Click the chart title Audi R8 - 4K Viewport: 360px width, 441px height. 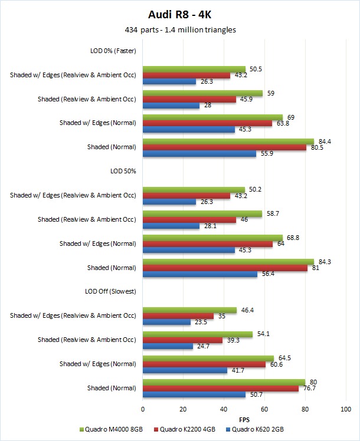point(179,14)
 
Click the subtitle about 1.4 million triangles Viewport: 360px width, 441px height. point(179,29)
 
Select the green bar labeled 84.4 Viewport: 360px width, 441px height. point(228,141)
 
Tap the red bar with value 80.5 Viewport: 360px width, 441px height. point(224,147)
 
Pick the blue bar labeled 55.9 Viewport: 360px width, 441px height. point(199,153)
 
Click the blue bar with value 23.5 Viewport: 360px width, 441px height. point(166,322)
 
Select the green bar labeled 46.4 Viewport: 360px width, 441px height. point(189,310)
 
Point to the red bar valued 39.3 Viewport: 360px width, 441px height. point(182,340)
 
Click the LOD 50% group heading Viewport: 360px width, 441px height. point(123,171)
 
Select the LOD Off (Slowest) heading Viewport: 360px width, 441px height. point(111,291)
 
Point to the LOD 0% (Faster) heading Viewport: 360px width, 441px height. point(109,50)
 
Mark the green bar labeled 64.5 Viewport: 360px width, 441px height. point(208,358)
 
